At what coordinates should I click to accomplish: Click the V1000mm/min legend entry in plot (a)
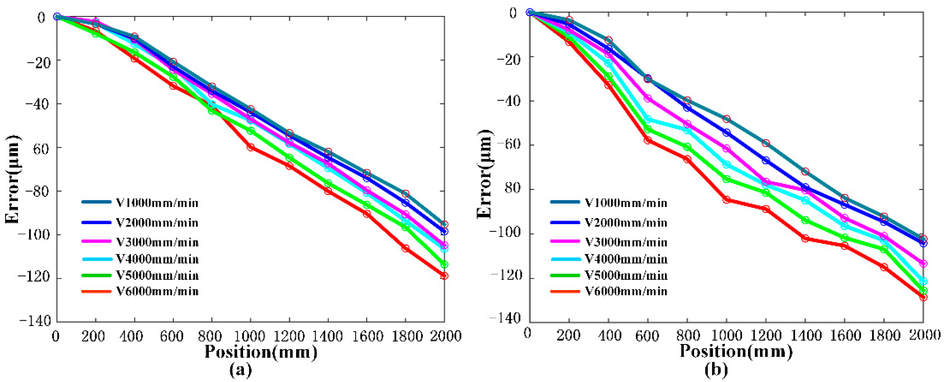click(157, 203)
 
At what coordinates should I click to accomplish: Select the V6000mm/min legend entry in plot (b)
click(626, 292)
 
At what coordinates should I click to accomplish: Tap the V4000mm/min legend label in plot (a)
click(157, 259)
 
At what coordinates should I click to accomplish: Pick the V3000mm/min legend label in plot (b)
click(626, 242)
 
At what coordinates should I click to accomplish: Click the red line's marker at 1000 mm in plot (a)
click(251, 147)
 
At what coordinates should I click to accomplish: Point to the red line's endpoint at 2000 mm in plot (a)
click(444, 276)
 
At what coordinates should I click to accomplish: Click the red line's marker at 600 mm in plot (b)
click(648, 140)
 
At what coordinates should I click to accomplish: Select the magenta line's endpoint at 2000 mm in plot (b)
click(923, 264)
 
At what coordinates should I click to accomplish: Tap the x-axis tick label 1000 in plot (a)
click(250, 336)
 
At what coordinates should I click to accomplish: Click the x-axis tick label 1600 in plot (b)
click(844, 335)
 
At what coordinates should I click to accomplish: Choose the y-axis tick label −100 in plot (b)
click(505, 234)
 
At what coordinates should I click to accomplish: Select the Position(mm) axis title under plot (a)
click(261, 352)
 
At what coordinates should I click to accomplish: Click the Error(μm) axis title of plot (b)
click(485, 174)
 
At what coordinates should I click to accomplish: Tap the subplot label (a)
click(241, 369)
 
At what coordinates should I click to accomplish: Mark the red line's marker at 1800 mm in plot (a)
click(405, 248)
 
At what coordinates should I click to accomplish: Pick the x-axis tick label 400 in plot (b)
click(608, 335)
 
